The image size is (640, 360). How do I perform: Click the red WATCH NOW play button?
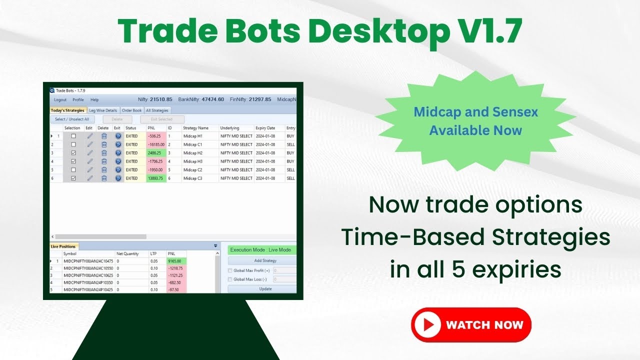(x=471, y=325)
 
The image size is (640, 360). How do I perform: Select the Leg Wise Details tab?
(x=103, y=110)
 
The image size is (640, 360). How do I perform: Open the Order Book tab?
(x=132, y=110)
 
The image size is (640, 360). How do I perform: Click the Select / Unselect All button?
(x=72, y=119)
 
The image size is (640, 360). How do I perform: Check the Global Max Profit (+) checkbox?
(x=230, y=270)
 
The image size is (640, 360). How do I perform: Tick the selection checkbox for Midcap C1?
(x=73, y=144)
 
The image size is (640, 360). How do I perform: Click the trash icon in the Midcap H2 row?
(x=104, y=153)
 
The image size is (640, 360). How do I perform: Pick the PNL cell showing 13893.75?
(x=155, y=178)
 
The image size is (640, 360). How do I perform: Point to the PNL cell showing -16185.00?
(x=155, y=144)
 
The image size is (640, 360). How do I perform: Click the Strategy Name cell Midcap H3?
(x=193, y=161)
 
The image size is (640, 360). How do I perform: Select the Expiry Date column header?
(x=265, y=128)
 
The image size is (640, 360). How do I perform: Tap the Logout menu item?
(x=60, y=100)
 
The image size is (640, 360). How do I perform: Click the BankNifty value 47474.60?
(x=212, y=99)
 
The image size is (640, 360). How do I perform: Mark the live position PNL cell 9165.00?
(x=176, y=261)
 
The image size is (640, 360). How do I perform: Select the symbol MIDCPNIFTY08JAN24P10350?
(x=88, y=282)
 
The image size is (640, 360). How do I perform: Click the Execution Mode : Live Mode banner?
(x=262, y=250)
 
